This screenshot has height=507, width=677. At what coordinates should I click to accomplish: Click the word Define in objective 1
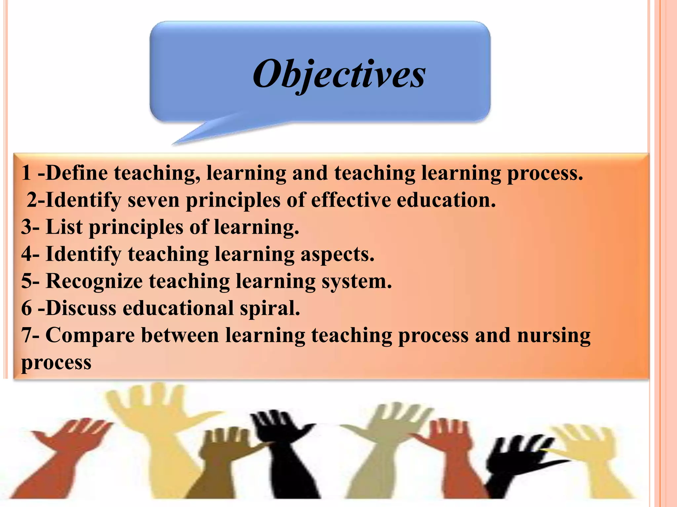point(76,173)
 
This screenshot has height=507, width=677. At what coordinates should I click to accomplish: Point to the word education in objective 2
point(446,200)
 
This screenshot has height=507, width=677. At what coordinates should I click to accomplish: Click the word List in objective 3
point(64,227)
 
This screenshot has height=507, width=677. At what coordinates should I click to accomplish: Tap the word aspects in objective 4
point(337,254)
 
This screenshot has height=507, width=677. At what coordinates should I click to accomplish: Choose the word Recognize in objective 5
point(94,281)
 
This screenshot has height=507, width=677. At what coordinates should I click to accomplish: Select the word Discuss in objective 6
point(81,308)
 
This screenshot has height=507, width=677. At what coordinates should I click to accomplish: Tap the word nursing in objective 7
point(554,335)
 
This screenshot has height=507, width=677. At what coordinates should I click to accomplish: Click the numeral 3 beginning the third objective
point(26,227)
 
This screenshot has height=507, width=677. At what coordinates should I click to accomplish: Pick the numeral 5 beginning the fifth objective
point(26,281)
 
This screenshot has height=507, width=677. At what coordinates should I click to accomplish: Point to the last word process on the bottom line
point(56,362)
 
